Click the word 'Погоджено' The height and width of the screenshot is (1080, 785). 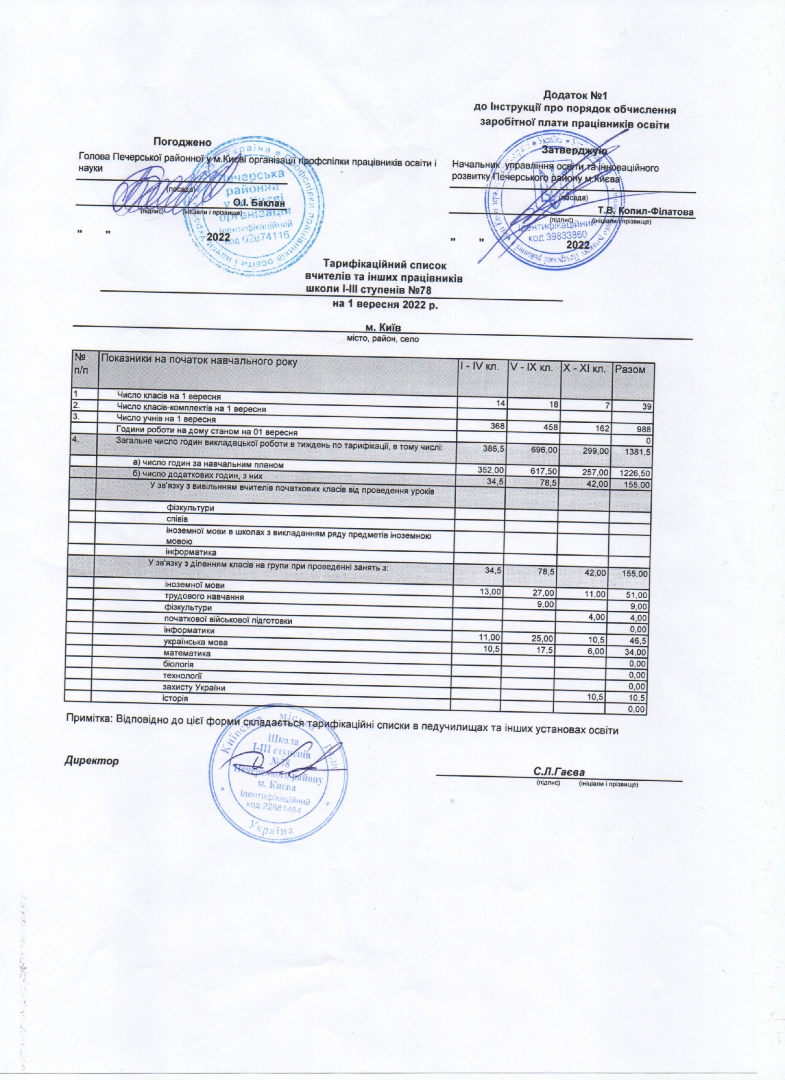pyautogui.click(x=182, y=141)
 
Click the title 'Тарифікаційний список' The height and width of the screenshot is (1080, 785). pyautogui.click(x=384, y=263)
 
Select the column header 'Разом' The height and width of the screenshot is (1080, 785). pyautogui.click(x=631, y=369)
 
